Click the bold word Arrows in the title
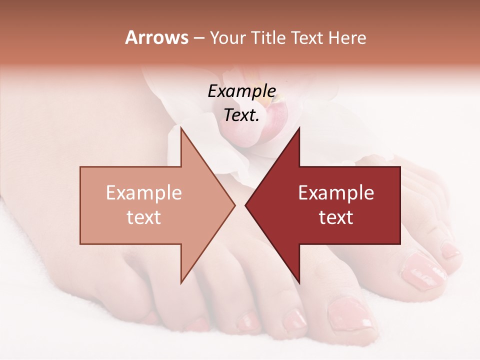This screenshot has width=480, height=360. [156, 37]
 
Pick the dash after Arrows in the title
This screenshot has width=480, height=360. [198, 38]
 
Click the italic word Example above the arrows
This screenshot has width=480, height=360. [241, 91]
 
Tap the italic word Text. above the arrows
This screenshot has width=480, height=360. [241, 115]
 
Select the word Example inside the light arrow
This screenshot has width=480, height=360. [143, 192]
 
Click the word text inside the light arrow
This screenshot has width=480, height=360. [143, 217]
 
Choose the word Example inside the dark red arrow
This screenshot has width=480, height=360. [336, 192]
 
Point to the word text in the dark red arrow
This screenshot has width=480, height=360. [336, 217]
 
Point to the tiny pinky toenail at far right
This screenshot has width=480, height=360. [451, 250]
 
